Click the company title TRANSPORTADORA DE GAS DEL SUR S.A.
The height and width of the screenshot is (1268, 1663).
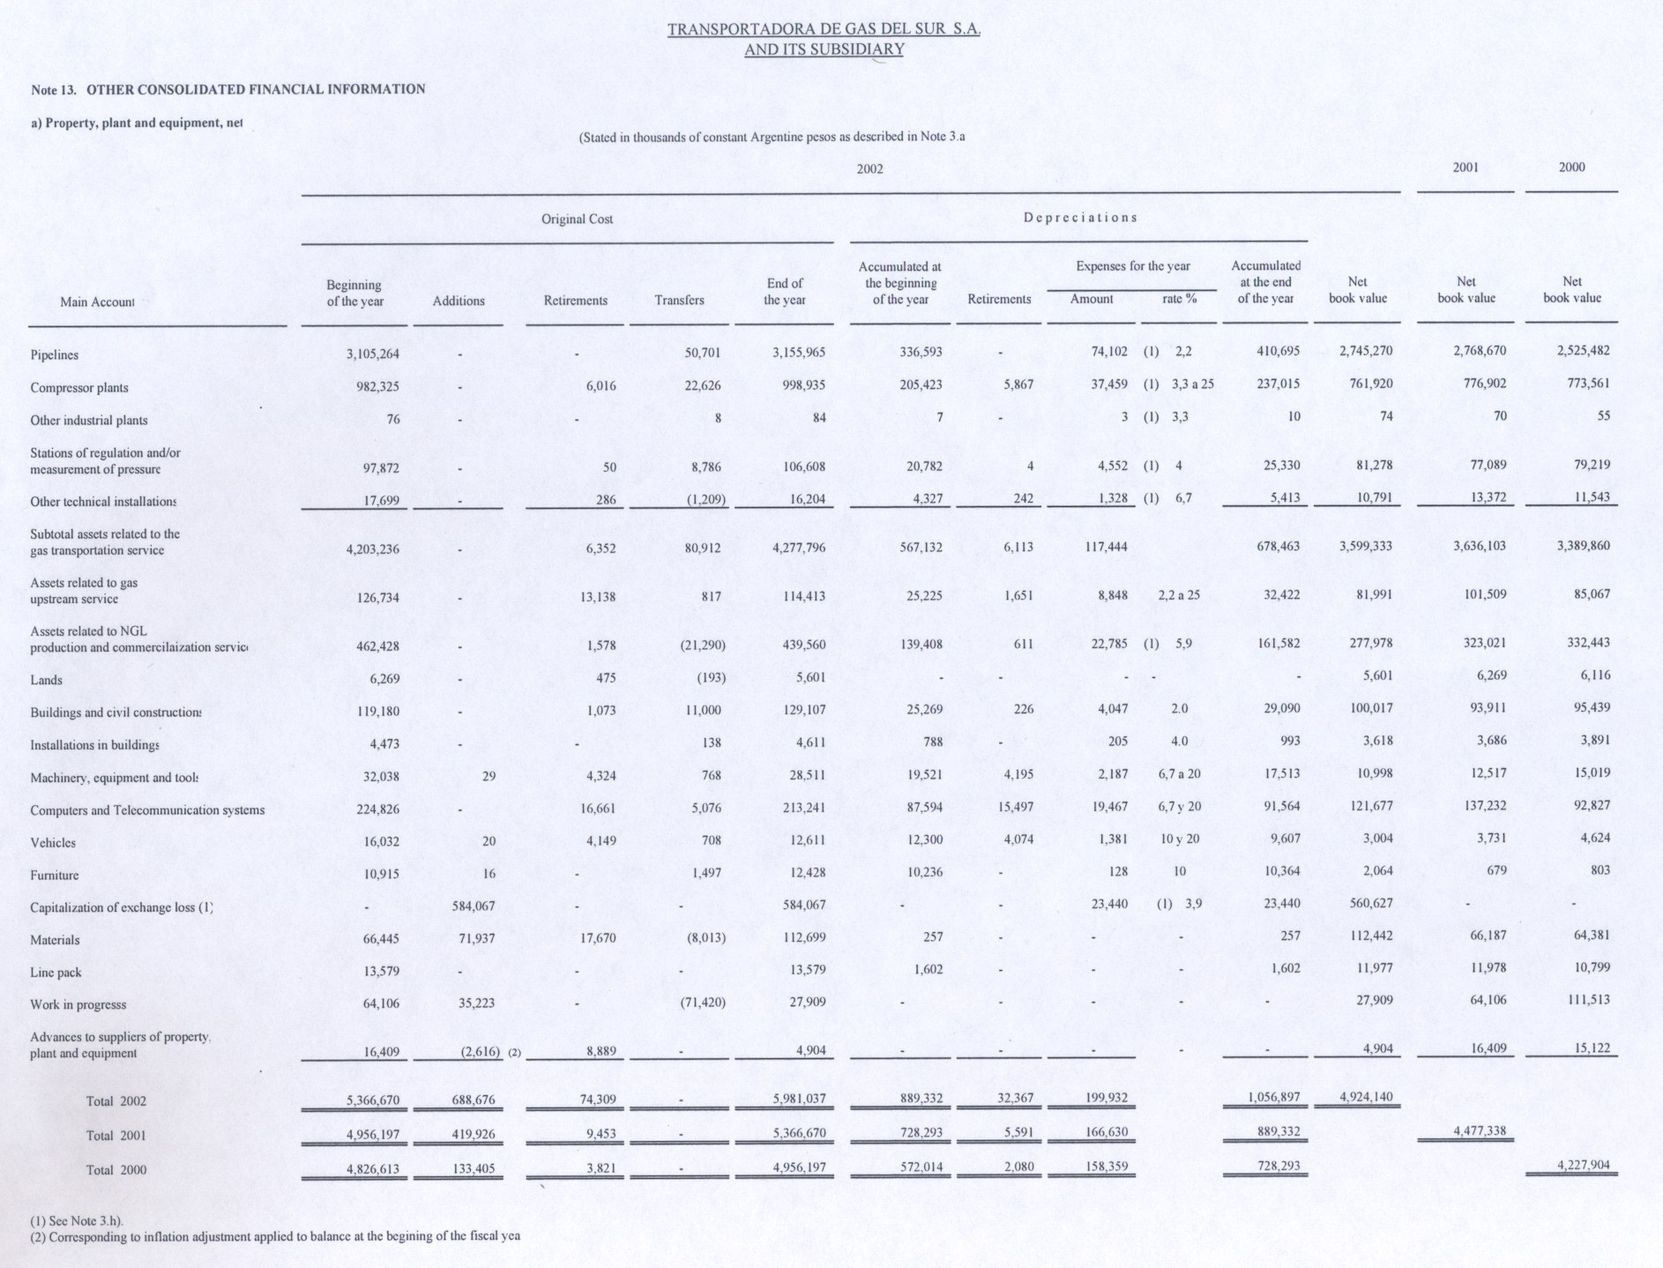click(824, 29)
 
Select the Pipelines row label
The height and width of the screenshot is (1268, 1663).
click(55, 355)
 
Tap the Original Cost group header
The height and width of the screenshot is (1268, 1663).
click(577, 219)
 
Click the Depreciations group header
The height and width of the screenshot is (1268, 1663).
click(1080, 217)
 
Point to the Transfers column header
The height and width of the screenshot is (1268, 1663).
click(679, 300)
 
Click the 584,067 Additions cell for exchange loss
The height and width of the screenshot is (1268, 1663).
click(473, 906)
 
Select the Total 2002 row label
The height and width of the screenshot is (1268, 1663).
click(116, 1101)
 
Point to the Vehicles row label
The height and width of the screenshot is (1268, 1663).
click(53, 843)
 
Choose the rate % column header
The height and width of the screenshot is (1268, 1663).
click(1179, 299)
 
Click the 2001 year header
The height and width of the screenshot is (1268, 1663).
click(1465, 168)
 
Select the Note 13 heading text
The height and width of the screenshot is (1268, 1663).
click(227, 89)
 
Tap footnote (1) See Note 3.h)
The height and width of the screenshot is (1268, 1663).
click(77, 1221)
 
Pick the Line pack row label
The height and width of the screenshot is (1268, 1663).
click(56, 973)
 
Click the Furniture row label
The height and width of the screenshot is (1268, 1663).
click(55, 876)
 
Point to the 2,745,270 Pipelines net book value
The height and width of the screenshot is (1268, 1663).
click(1365, 351)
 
